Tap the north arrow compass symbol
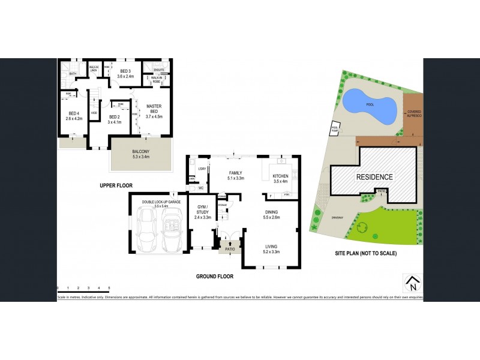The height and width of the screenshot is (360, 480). coord(411,282)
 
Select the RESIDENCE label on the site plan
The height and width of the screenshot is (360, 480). coord(374,177)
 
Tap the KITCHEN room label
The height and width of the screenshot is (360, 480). coord(280,177)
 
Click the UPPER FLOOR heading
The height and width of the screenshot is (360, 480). coord(116,185)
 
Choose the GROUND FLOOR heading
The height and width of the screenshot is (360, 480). coord(214,277)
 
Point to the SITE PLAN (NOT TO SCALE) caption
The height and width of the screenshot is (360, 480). coord(365,253)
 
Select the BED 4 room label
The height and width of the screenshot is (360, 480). coord(74,116)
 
